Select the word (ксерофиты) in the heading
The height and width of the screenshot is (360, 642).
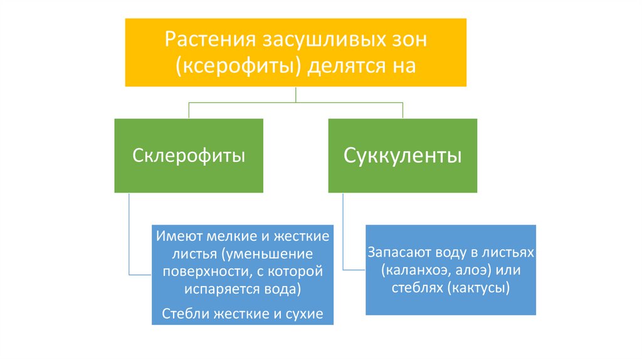[237, 66]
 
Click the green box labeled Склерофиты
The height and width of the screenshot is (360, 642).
[189, 156]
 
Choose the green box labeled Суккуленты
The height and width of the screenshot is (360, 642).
[403, 156]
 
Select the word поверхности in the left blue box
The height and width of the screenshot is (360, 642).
[199, 272]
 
